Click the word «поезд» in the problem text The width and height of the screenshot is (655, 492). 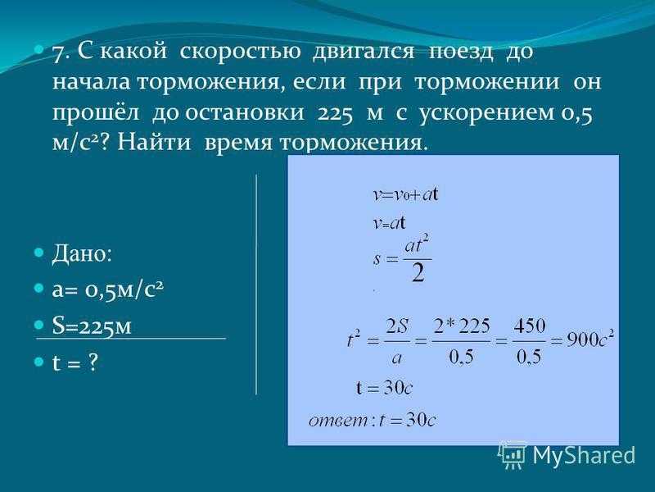(x=461, y=52)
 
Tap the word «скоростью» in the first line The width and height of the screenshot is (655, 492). (x=240, y=52)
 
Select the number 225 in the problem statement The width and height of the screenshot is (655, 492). (x=336, y=114)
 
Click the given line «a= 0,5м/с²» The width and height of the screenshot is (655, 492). (x=108, y=289)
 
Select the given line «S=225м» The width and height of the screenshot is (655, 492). (x=92, y=326)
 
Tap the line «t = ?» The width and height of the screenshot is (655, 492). (x=75, y=362)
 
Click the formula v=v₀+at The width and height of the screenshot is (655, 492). (x=405, y=195)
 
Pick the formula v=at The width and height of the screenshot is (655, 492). (x=389, y=223)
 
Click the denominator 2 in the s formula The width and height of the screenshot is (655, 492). (x=418, y=274)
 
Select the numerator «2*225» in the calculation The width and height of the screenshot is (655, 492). (x=461, y=326)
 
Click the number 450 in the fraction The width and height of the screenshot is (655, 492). (x=529, y=326)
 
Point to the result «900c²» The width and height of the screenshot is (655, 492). (x=589, y=339)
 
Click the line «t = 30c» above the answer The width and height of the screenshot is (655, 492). (x=384, y=388)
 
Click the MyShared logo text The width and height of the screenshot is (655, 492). (x=584, y=455)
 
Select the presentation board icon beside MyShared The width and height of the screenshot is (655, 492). (x=513, y=454)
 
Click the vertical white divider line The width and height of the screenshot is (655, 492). (x=256, y=285)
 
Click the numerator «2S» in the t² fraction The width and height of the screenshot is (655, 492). (x=397, y=326)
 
